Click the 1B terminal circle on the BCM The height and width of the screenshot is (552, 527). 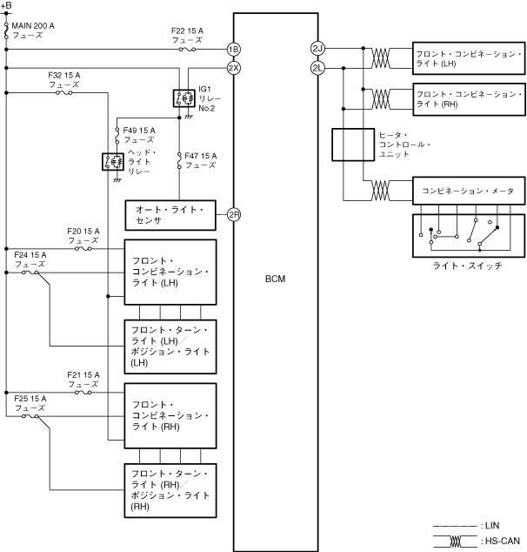point(234,50)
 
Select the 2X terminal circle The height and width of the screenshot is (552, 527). point(234,68)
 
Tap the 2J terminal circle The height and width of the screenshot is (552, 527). point(317,48)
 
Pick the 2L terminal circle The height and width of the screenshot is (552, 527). point(317,68)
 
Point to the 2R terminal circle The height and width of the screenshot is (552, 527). point(234,215)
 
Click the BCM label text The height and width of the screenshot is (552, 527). point(276,279)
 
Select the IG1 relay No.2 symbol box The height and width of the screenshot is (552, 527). point(183,98)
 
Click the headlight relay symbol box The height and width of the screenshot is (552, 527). point(113,162)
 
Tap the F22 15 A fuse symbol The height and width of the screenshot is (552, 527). point(187,50)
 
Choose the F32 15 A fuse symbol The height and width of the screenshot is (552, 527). point(64,92)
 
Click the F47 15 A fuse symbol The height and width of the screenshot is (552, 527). point(179,160)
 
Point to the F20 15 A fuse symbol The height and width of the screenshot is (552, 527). point(83,248)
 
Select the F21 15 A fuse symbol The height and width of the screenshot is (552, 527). point(83,392)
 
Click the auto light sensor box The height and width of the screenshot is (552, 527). point(170,215)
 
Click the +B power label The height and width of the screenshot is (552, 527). point(6,5)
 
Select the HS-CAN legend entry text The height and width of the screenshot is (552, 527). point(500,541)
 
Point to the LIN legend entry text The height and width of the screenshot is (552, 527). point(490,526)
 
